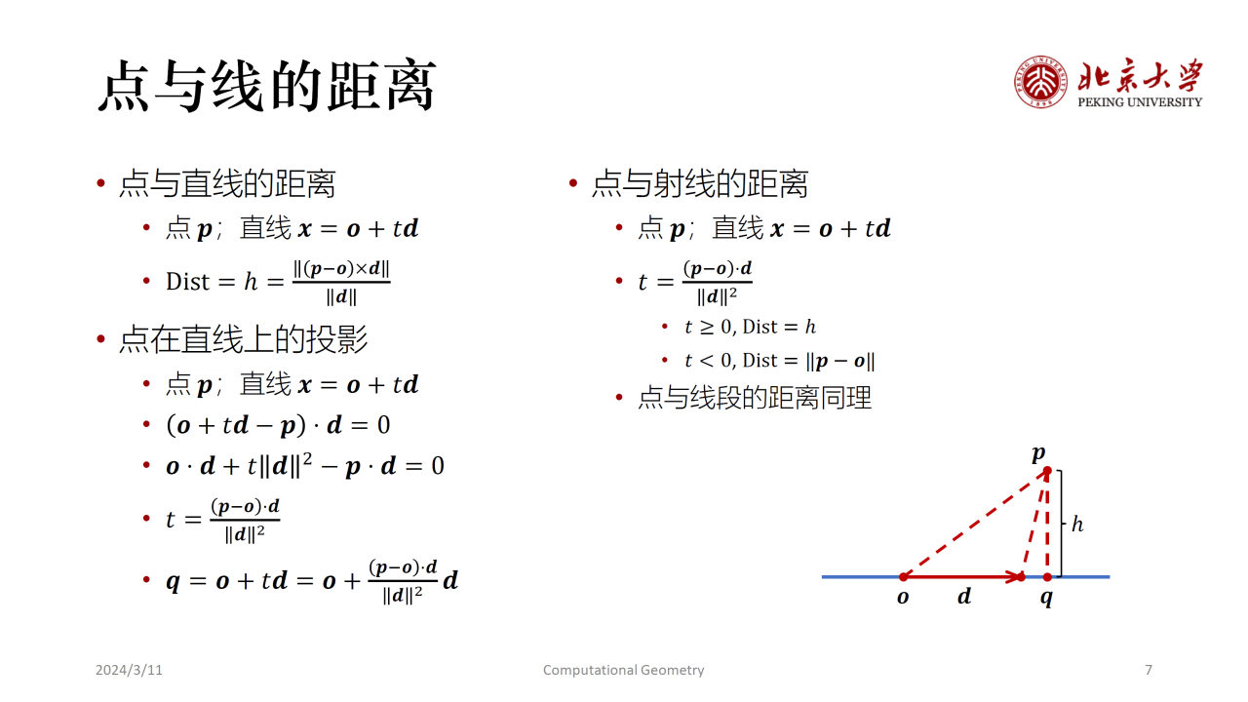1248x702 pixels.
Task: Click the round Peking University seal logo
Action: coord(1040,82)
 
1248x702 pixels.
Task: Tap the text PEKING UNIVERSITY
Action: coord(1140,102)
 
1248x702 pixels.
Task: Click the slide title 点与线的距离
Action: coord(267,85)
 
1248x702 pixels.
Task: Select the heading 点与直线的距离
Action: coord(227,183)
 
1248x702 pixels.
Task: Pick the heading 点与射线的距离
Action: coord(700,183)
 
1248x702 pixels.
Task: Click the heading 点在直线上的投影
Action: coord(244,339)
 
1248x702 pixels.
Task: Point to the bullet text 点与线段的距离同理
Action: coord(755,398)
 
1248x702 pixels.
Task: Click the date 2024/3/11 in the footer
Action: coord(129,670)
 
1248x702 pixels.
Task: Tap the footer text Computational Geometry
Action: coord(623,670)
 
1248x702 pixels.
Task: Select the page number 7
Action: coord(1149,670)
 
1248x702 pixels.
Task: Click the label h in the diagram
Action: coord(1077,525)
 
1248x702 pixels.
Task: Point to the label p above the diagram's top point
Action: coord(1038,453)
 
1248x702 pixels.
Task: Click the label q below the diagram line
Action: coord(1047,598)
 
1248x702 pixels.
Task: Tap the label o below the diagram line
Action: coord(903,598)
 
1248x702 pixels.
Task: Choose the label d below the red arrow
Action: coord(964,596)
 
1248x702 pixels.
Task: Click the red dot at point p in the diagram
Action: coord(1047,471)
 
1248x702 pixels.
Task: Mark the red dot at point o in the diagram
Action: coord(903,576)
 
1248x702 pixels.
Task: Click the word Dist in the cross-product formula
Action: coord(187,282)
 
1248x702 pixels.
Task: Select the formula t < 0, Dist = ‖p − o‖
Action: coord(780,361)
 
